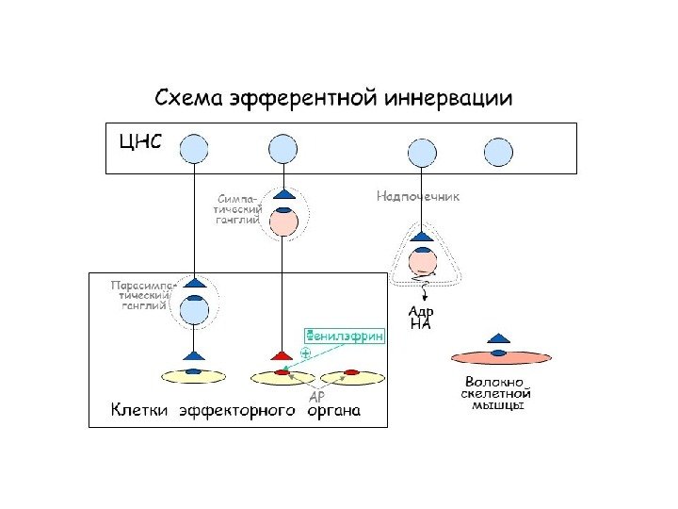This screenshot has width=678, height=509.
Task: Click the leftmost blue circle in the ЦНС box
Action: point(194,149)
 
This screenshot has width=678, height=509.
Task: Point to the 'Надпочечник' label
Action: point(418,196)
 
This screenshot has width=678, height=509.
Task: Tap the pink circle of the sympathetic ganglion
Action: point(283,223)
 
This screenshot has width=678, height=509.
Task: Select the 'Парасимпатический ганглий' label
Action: point(139,294)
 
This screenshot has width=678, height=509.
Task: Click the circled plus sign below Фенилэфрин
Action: point(305,353)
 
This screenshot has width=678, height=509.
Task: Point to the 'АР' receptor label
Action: point(317,396)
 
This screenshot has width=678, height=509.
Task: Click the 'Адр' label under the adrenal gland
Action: point(421,311)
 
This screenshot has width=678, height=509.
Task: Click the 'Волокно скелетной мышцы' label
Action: point(498,395)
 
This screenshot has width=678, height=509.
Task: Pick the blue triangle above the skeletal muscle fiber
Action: point(498,337)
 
